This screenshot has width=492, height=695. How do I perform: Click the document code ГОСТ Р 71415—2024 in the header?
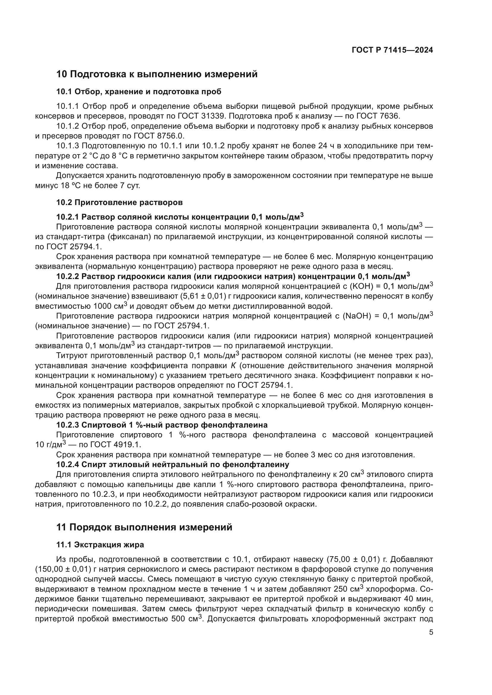click(x=392, y=50)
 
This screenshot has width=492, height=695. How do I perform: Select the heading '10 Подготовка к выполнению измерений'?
click(x=157, y=74)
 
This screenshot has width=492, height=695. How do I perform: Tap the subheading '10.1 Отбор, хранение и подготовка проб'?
click(x=139, y=92)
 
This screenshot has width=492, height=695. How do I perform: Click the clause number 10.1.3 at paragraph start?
click(x=68, y=146)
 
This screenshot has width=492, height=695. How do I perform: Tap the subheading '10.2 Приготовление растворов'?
click(x=119, y=202)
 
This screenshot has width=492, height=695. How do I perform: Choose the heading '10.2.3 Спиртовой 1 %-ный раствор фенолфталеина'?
click(x=162, y=425)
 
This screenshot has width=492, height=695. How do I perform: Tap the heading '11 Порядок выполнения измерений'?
click(x=144, y=527)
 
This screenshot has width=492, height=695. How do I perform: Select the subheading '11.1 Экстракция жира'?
click(x=100, y=545)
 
